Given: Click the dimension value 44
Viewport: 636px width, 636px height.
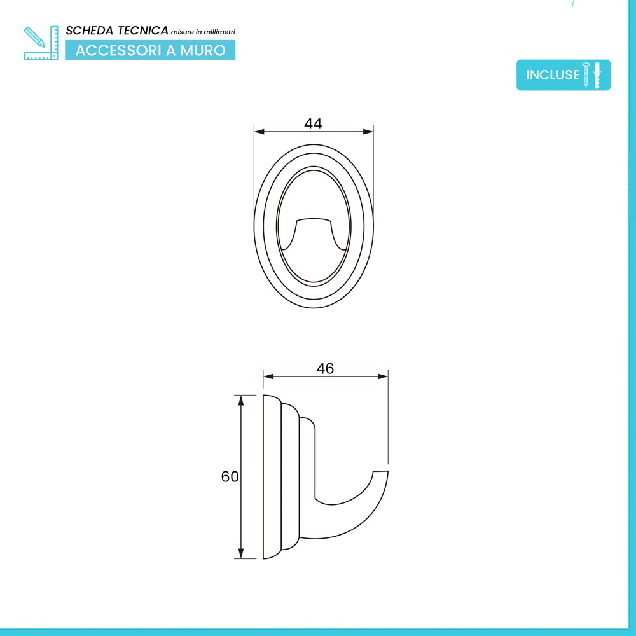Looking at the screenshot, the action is point(313,123).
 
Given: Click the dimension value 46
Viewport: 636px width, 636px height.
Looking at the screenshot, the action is point(325,368).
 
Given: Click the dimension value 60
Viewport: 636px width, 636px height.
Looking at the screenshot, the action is point(230,476).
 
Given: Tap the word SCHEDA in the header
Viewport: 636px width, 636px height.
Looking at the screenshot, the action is point(90,31).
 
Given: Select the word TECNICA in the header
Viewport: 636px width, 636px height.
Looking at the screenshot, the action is point(142,31).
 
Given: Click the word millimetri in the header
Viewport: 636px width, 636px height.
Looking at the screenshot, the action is point(219,32).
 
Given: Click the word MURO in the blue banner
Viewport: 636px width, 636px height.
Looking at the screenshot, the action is point(203,50).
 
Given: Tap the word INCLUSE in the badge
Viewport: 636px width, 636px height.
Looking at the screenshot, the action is point(553,75).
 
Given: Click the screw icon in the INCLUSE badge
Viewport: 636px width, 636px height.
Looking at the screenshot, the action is point(586,75).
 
